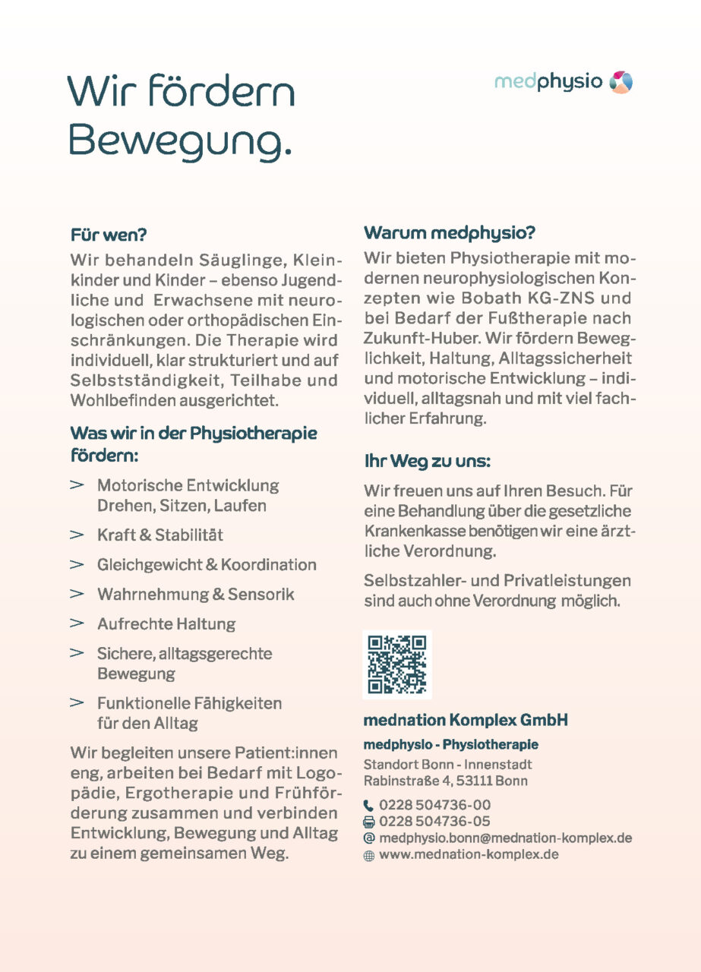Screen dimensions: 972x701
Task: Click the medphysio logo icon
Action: pyautogui.click(x=620, y=82)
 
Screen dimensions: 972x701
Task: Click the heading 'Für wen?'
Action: pyautogui.click(x=108, y=235)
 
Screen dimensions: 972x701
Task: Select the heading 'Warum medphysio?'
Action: pyautogui.click(x=450, y=232)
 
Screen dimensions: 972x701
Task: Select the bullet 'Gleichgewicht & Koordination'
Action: pyautogui.click(x=207, y=565)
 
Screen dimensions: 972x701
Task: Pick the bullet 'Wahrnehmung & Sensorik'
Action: pyautogui.click(x=195, y=595)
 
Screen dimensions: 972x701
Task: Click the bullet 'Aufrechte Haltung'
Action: pyautogui.click(x=166, y=624)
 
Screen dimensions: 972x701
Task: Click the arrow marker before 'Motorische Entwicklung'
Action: pyautogui.click(x=77, y=484)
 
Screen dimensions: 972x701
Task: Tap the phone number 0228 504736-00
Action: pyautogui.click(x=434, y=805)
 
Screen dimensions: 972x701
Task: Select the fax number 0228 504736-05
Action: pyautogui.click(x=434, y=822)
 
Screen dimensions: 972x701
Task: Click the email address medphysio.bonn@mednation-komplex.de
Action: pyautogui.click(x=505, y=838)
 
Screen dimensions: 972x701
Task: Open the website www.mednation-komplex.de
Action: pyautogui.click(x=469, y=855)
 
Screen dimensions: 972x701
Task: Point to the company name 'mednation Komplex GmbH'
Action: pyautogui.click(x=466, y=720)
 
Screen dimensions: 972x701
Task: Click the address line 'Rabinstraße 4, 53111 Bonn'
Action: pyautogui.click(x=445, y=781)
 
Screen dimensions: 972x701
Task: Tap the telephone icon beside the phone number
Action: pyautogui.click(x=369, y=805)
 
